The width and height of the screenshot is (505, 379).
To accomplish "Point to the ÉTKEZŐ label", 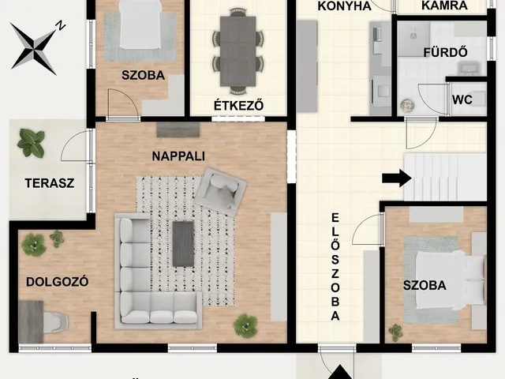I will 238,105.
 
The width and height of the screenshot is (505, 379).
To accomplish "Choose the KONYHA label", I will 344,6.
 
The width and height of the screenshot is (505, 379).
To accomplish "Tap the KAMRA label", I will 446,6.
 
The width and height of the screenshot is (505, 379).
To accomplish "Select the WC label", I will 462,100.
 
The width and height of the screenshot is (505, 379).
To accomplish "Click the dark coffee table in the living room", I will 183,242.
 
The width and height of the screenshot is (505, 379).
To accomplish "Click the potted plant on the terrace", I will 31,143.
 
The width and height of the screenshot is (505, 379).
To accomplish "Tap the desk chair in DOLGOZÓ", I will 55,321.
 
